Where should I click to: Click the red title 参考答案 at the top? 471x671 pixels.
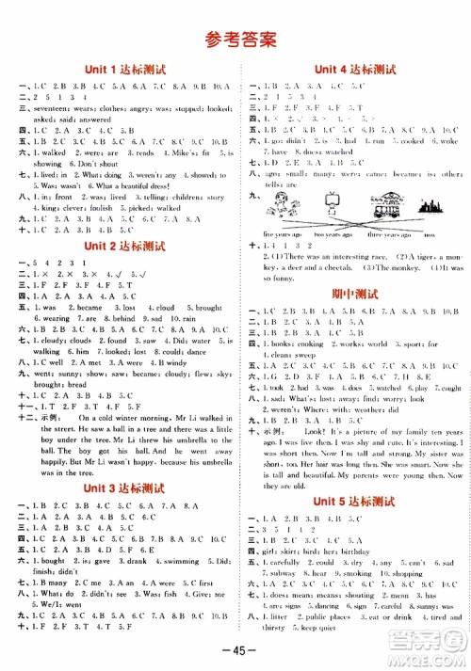[x=236, y=39]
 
